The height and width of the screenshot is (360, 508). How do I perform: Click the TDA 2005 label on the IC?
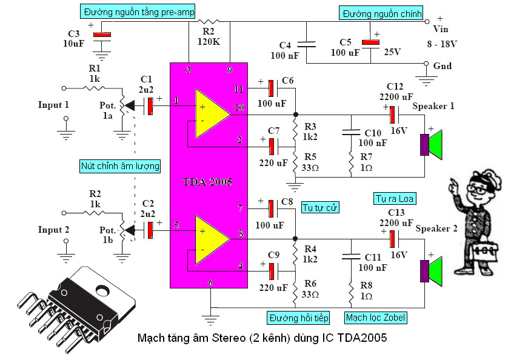tap(208, 181)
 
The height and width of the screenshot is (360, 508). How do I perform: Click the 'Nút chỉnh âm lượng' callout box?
tap(120, 165)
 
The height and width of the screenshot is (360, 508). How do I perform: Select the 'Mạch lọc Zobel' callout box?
tap(376, 317)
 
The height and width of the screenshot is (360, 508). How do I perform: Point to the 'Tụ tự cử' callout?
tap(319, 208)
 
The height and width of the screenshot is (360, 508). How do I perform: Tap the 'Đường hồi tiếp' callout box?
tap(298, 317)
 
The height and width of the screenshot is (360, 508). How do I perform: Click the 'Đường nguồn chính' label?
tap(381, 13)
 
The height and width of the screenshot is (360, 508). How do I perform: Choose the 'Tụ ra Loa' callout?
tap(389, 199)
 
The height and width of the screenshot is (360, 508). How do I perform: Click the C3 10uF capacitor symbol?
tap(102, 35)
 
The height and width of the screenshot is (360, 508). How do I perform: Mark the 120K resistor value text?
tap(209, 42)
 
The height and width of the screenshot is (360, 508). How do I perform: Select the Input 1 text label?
tap(54, 105)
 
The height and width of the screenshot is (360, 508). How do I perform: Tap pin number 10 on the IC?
tap(239, 108)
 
